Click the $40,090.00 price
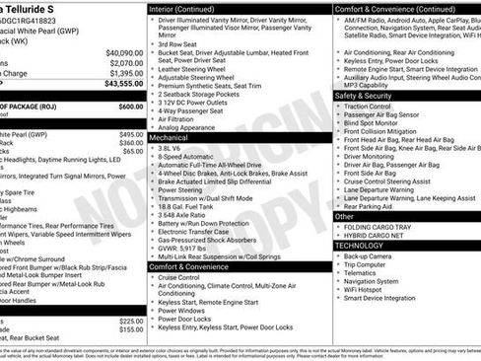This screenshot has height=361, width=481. pos(124,52)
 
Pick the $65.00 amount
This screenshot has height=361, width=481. pos(133,152)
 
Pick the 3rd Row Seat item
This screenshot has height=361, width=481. pos(178,43)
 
